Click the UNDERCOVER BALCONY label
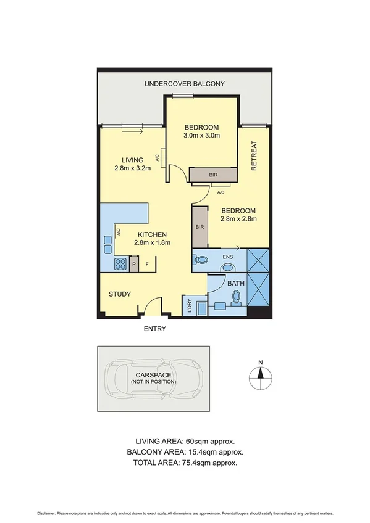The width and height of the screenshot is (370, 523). (x=184, y=84)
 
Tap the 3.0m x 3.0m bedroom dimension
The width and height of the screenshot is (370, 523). (x=202, y=136)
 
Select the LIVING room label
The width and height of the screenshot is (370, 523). (x=133, y=159)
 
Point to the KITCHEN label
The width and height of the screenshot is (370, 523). (x=152, y=234)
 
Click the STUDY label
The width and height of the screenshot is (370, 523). (x=120, y=294)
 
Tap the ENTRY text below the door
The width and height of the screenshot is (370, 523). (x=154, y=329)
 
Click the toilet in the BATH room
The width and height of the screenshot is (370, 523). (x=235, y=299)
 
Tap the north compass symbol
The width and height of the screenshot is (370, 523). (x=261, y=374)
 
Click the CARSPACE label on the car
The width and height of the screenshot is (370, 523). (x=153, y=375)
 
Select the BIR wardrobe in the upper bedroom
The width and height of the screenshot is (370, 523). (x=213, y=176)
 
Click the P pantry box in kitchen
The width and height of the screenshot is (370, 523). (x=134, y=265)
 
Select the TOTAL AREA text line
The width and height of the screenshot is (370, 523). (x=185, y=462)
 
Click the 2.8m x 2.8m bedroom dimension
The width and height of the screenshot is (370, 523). (x=238, y=218)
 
